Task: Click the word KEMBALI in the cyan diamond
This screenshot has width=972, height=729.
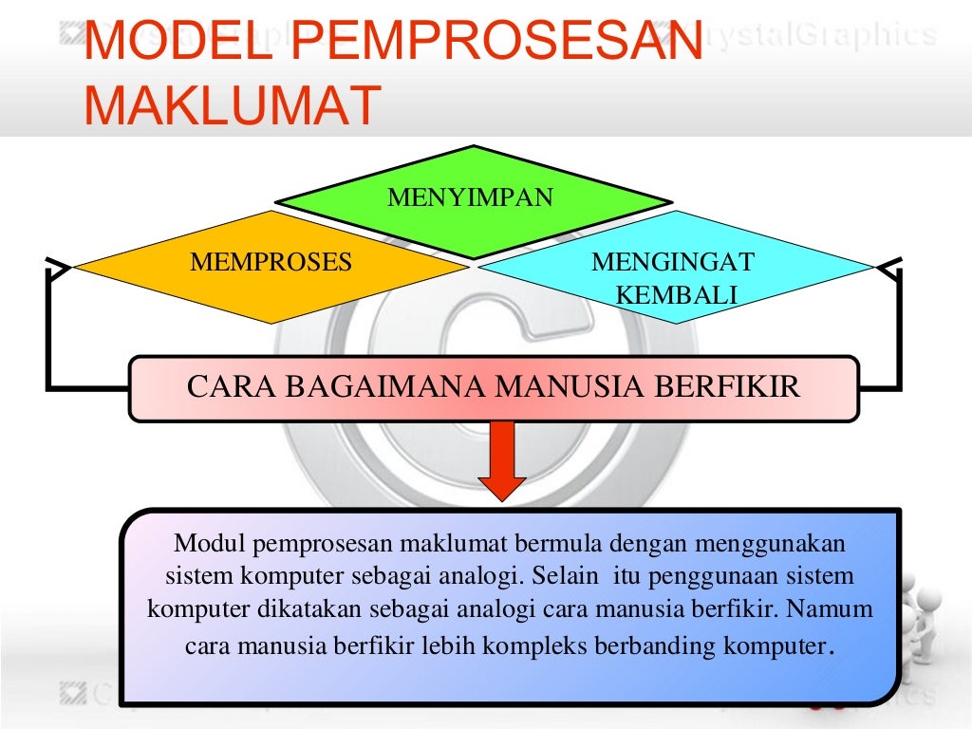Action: [677, 294]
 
